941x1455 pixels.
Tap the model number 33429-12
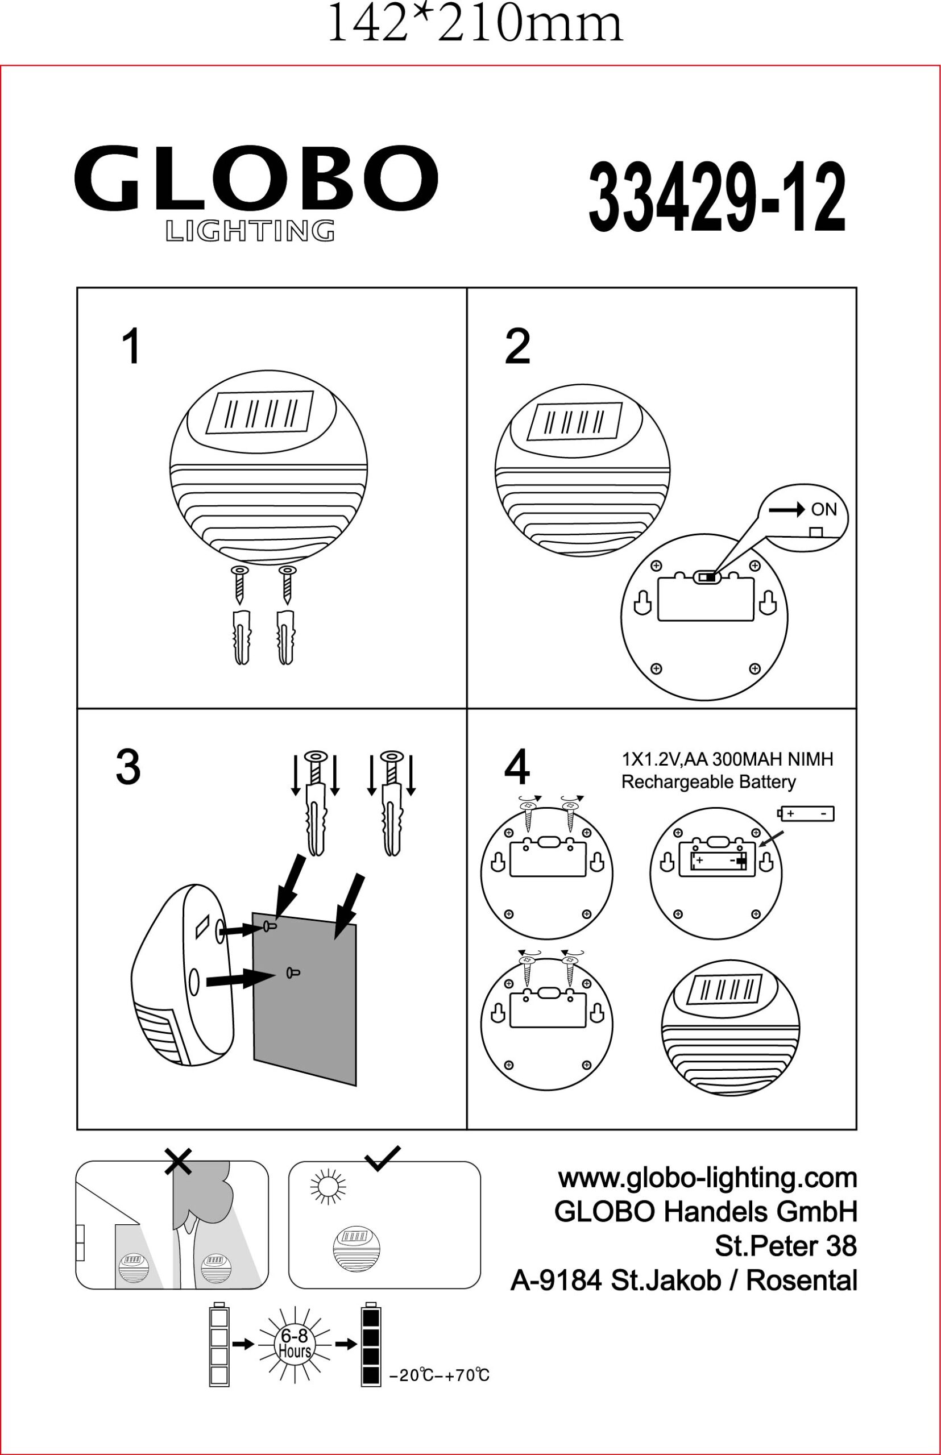click(x=716, y=197)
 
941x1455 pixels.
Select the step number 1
click(x=131, y=346)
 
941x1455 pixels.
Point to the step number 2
click(x=517, y=346)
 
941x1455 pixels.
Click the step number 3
click(x=128, y=767)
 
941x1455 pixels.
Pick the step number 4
click(x=517, y=768)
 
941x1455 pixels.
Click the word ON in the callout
click(x=824, y=509)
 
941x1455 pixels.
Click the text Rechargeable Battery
click(x=708, y=782)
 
